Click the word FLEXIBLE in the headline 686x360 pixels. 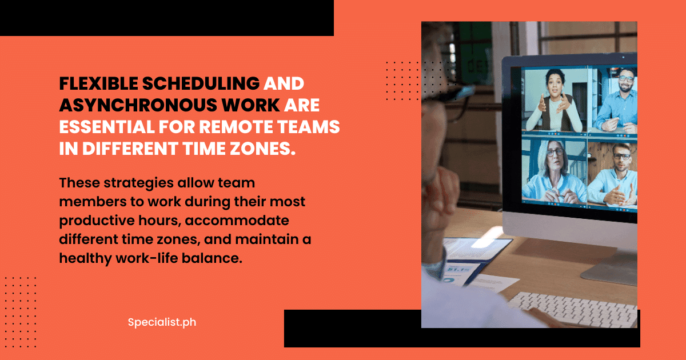coord(98,83)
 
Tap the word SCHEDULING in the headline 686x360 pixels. coord(201,83)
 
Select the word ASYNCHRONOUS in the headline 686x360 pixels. coord(138,105)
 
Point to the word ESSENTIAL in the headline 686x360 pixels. coord(107,127)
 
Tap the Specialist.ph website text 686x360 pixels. coord(162,322)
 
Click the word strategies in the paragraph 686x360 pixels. coord(139,183)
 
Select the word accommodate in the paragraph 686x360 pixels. coord(237,221)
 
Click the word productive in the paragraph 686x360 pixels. coord(97,221)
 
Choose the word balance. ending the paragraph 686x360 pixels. coord(212,258)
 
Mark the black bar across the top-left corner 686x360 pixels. coord(167,18)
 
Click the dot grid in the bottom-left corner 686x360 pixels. coord(21,312)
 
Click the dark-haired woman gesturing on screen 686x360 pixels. coord(555,101)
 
